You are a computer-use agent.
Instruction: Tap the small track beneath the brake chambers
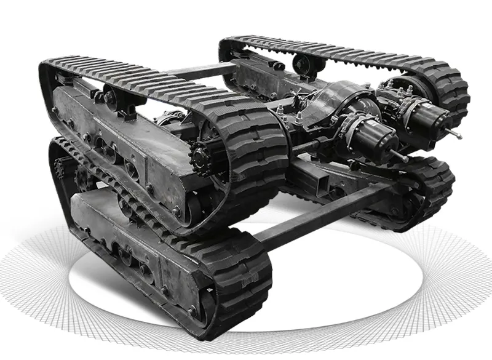[424, 185]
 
